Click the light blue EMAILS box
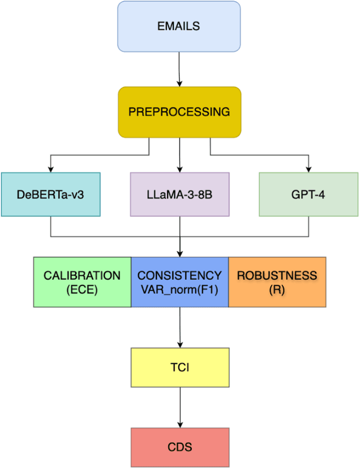coord(179,27)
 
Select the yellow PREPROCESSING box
coord(179,112)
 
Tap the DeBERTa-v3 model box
coord(50,194)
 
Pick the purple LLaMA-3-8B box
coord(179,194)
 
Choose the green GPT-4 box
coord(308,194)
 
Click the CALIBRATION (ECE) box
coord(82,282)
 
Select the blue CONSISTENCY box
coord(179,282)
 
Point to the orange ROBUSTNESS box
coord(277,282)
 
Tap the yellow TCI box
coord(180,367)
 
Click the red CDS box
coord(180,447)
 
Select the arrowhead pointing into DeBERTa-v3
coord(50,169)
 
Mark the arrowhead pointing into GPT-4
coord(309,169)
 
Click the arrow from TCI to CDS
coord(180,407)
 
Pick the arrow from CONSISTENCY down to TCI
coord(180,327)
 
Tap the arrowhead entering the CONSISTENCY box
coord(179,253)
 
